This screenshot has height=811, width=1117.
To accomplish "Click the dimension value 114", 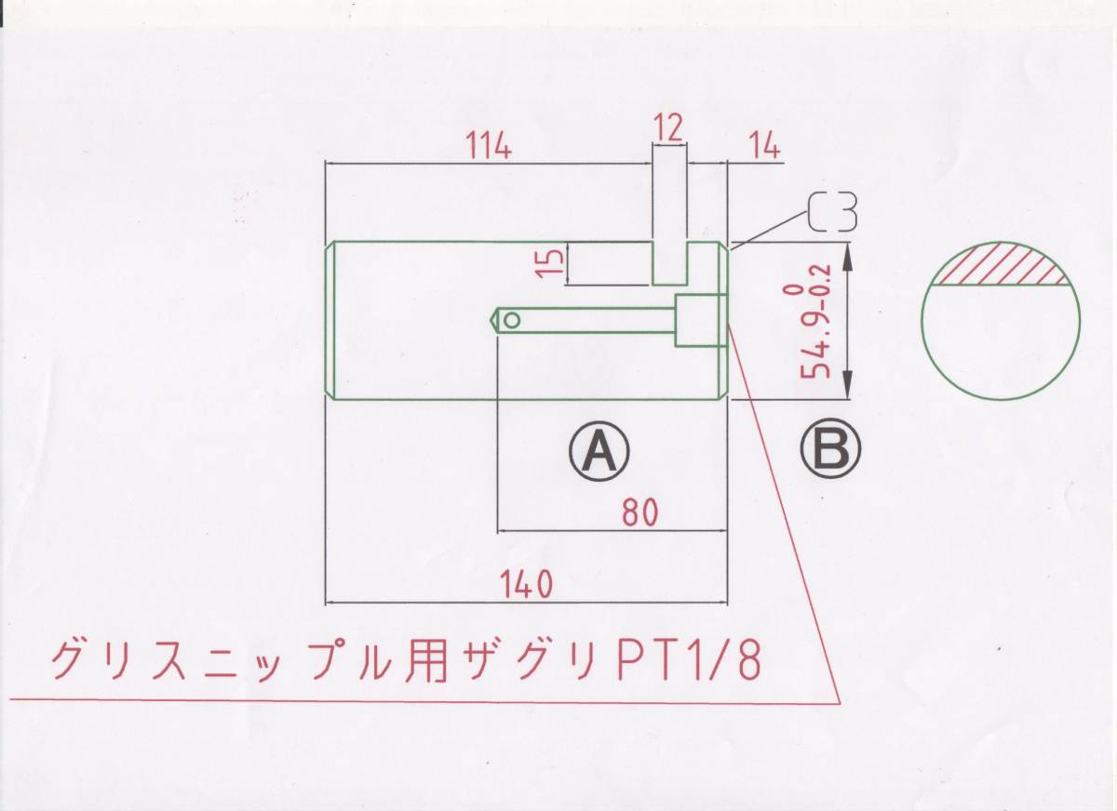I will point(488,146).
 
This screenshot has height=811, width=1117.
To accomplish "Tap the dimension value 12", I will point(668,127).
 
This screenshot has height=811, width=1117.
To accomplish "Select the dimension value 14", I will point(762,146).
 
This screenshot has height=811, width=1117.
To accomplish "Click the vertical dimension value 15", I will point(551,261).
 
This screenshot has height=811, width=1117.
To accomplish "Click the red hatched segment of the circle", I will point(1001,264).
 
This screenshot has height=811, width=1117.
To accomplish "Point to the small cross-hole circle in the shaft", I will point(512,321).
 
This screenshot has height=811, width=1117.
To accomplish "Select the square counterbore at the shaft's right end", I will point(699,321).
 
